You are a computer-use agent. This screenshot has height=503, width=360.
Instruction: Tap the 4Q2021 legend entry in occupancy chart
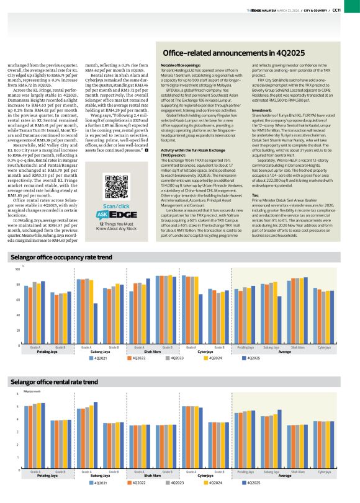tap(100, 358)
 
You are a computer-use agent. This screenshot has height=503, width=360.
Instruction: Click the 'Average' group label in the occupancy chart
tap(285, 352)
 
